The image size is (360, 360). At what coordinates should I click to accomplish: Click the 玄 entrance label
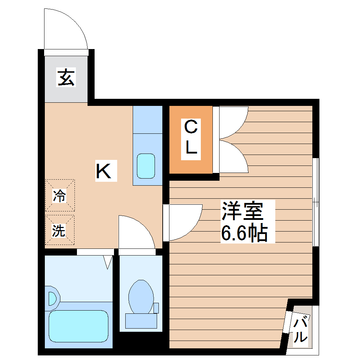[x=66, y=78]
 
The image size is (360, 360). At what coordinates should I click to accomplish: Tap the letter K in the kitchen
[x=106, y=172]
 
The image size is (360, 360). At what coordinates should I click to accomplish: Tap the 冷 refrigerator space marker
[x=60, y=196]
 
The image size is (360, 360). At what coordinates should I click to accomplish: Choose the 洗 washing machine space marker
[x=60, y=230]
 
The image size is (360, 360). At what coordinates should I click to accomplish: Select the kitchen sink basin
[x=146, y=166]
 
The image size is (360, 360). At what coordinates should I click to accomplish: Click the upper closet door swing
[x=233, y=122]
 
